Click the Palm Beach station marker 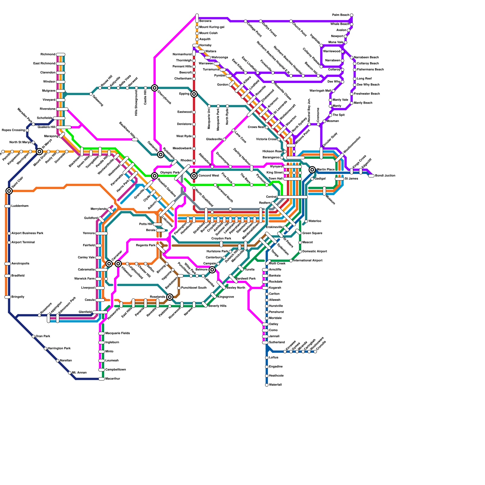[352, 15]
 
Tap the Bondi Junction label [385, 176]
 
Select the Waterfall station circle [267, 385]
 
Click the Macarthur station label [112, 379]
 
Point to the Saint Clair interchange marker [9, 191]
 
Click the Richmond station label [48, 55]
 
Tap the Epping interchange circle [194, 94]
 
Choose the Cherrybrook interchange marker [155, 88]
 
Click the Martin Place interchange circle [312, 170]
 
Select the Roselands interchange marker [170, 297]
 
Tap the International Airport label [308, 261]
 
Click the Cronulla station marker [315, 352]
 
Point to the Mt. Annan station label [79, 373]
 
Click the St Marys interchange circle [39, 152]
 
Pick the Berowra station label [205, 21]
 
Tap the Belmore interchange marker [212, 270]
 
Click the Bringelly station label [18, 297]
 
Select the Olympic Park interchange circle [155, 176]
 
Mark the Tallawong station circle [91, 94]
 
